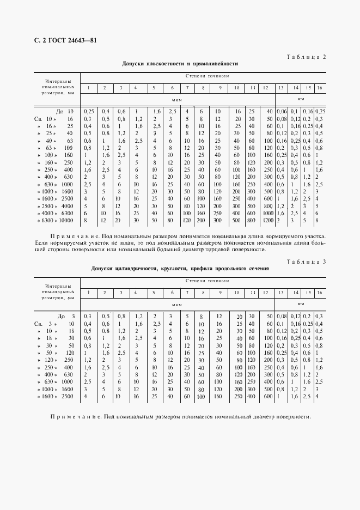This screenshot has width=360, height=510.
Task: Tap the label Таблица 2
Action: point(306,57)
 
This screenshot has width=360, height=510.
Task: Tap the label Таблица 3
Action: point(306,262)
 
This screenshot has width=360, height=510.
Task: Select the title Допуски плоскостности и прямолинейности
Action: point(180,64)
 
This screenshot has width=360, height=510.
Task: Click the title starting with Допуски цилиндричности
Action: point(180,269)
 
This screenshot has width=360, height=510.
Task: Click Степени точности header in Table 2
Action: point(207,77)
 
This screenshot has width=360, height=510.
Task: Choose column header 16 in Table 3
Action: point(319,293)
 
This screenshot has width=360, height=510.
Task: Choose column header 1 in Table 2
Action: point(88,88)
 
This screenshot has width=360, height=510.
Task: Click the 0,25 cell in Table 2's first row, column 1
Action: point(88,111)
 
